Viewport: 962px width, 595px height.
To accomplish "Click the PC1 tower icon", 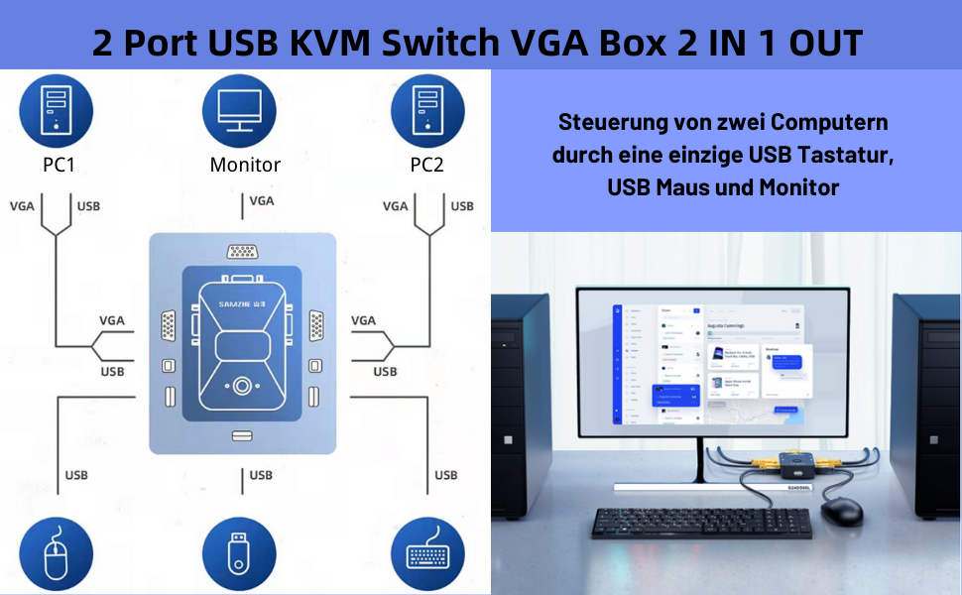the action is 56,108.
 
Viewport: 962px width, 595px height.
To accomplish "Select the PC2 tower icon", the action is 427,108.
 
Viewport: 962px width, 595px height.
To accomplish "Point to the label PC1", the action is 58,165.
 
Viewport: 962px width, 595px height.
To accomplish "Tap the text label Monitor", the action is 245,165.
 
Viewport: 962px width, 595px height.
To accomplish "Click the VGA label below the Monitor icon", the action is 262,200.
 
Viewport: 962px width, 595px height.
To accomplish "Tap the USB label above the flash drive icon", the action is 261,475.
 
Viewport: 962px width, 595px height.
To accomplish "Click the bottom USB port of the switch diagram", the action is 242,435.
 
